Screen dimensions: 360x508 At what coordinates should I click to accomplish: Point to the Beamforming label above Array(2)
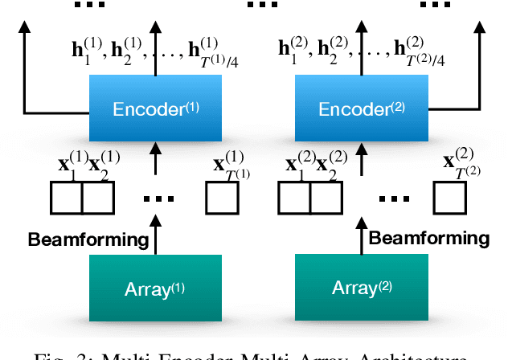428,238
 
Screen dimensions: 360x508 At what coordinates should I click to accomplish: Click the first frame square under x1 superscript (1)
68,198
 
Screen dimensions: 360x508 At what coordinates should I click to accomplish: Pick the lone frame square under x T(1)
222,198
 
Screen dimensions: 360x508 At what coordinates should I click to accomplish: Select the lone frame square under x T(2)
450,198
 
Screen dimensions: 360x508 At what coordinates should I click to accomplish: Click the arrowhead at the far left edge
25,28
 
